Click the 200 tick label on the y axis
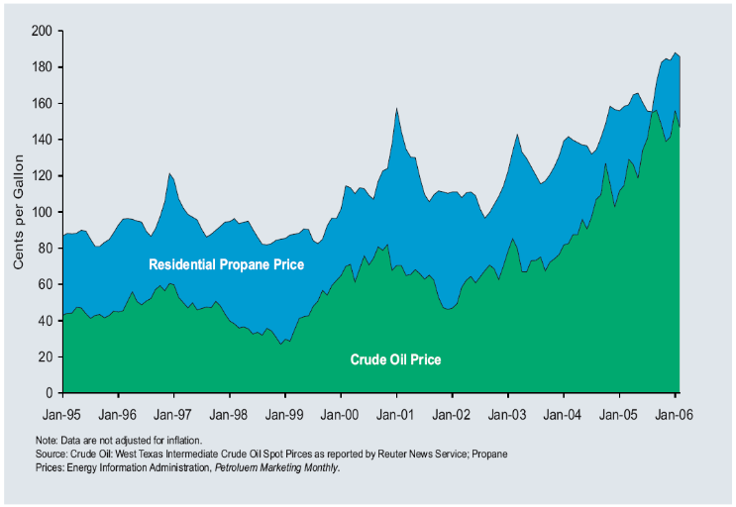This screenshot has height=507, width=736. (x=41, y=31)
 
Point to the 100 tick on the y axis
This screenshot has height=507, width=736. (x=41, y=212)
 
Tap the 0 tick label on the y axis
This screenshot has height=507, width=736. (x=49, y=393)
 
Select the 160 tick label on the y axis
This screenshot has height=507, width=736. (x=41, y=103)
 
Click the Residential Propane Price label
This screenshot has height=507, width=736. (x=226, y=264)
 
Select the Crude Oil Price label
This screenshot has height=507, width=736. (x=395, y=359)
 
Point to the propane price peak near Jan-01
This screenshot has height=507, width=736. (x=396, y=109)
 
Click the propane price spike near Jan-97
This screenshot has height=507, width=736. (x=170, y=174)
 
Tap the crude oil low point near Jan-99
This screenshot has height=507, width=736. (x=280, y=344)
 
